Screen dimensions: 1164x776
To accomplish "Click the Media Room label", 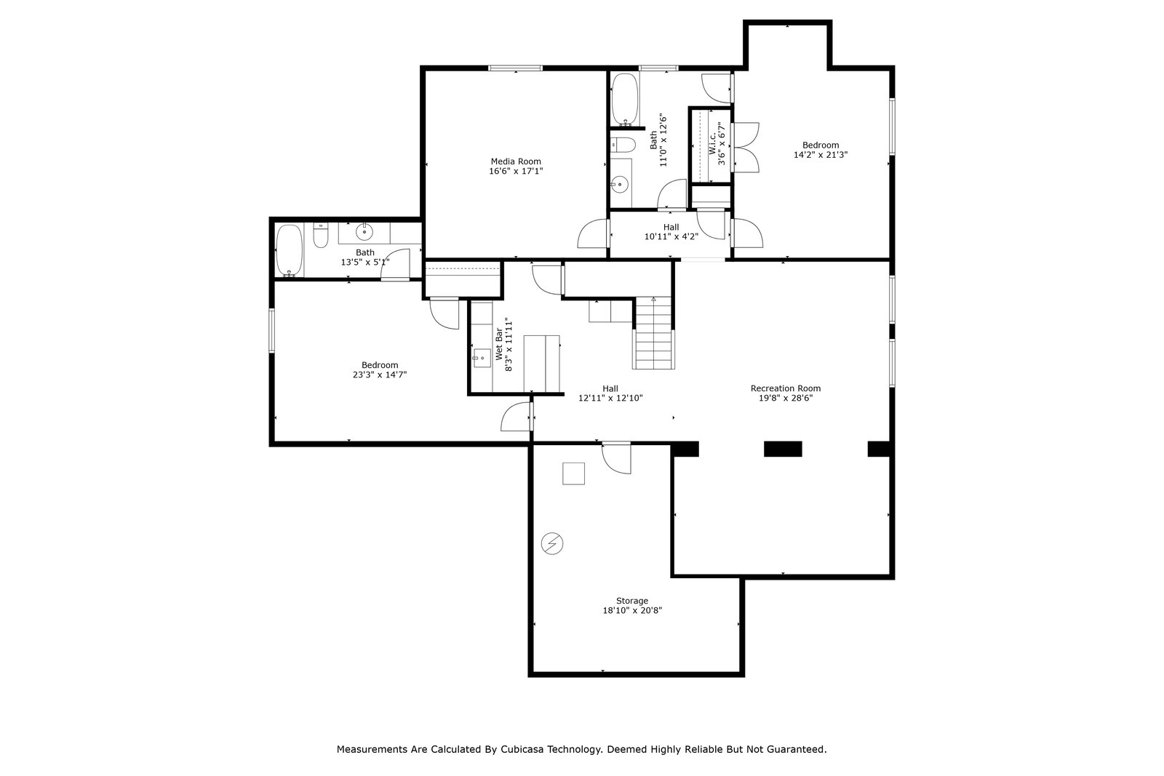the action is [x=516, y=161].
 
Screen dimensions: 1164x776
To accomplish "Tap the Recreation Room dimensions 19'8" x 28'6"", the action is [x=785, y=399].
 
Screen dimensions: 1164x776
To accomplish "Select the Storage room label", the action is [x=632, y=601].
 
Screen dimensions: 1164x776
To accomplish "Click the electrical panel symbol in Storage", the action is [x=552, y=543].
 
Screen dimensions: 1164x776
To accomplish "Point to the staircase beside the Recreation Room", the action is [x=653, y=333].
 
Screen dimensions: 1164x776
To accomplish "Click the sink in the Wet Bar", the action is [x=482, y=358].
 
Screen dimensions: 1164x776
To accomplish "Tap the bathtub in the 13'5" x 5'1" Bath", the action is [x=289, y=250].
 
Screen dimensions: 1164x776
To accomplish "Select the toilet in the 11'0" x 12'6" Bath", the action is [x=623, y=145].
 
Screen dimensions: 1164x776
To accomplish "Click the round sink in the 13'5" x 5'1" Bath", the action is [x=364, y=232].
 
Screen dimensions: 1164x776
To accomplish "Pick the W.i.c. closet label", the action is [x=712, y=143].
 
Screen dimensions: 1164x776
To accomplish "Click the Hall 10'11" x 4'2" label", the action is [x=671, y=232].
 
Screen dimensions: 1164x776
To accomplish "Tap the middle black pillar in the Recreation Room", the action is [x=783, y=449].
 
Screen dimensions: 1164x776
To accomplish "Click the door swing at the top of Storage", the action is [x=617, y=457].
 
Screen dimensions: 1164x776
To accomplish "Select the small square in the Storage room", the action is [x=573, y=473].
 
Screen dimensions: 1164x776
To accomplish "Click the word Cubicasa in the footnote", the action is [x=523, y=750].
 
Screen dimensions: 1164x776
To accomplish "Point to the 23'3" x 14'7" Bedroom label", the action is [x=380, y=370].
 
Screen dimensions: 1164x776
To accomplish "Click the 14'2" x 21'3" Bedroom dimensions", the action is [x=821, y=155].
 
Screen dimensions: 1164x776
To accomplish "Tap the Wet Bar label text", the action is [x=499, y=344].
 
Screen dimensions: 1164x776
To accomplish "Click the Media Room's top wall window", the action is [x=516, y=68].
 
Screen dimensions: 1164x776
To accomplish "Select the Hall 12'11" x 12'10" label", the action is [x=610, y=393].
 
